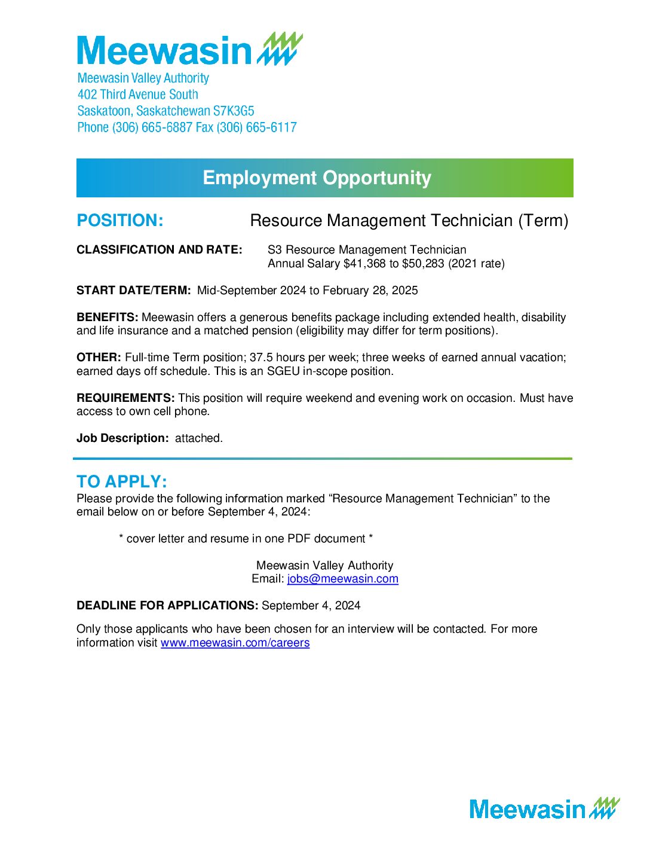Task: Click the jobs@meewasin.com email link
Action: click(342, 579)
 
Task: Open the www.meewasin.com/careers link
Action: click(235, 643)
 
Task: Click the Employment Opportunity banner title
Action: click(317, 178)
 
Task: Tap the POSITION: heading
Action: click(119, 221)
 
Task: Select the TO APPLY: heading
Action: click(122, 482)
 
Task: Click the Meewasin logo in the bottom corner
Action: click(544, 809)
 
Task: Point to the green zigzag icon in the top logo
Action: click(280, 49)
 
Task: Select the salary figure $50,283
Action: click(424, 264)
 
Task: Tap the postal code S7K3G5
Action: click(234, 111)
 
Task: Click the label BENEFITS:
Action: click(108, 318)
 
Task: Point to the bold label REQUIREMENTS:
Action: click(125, 398)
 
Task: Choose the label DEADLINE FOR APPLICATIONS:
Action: click(167, 606)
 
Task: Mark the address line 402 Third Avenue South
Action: click(138, 94)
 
